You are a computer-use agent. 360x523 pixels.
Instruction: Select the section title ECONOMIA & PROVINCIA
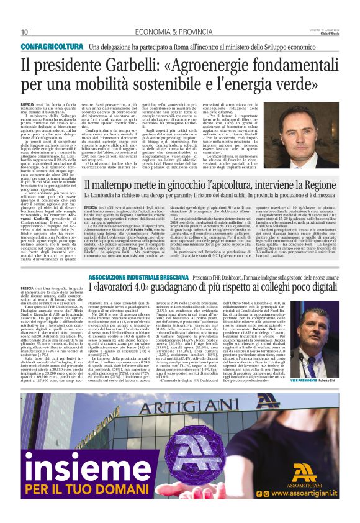point(148,32)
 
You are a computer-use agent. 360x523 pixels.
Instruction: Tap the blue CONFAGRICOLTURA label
point(55,47)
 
